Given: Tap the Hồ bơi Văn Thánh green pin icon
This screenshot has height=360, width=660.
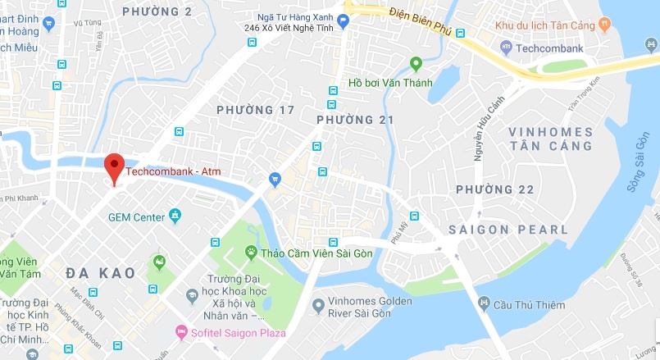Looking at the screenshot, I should coord(416,64).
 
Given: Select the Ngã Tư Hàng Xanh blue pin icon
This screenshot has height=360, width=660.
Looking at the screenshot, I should coord(344,23).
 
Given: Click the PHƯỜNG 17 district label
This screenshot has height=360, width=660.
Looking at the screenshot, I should coord(255,110).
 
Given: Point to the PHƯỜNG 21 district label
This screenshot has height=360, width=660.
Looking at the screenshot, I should coord(355,121).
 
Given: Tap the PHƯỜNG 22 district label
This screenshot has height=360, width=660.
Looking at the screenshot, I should coord(495,189).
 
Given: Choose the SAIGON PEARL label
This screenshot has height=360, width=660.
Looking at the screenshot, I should coord(508,230).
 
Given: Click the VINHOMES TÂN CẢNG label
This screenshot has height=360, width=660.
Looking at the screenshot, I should coord(549,139).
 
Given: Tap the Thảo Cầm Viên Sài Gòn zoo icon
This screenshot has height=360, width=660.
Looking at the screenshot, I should coord(251,253).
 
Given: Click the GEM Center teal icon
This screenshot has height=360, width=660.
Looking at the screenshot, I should coord(175,216).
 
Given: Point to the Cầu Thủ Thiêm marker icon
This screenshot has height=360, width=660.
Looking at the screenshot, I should coord(484,305).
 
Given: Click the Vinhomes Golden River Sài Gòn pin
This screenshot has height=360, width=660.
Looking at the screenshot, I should coord(318,307).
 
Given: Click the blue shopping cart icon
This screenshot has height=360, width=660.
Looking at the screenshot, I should coord(275,179).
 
